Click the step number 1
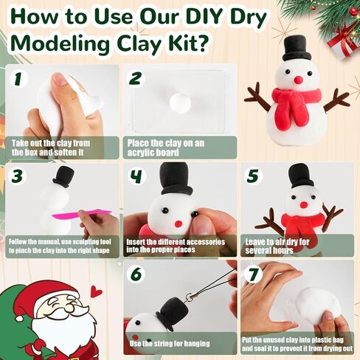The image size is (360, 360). tap(18, 79)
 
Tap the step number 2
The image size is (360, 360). tap(136, 78)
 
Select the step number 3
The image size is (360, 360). tap(17, 176)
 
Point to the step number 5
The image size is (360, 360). tap(253, 176)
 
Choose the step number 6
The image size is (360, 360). tap(136, 274)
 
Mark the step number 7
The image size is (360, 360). tap(253, 274)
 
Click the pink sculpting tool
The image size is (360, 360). tap(81, 215)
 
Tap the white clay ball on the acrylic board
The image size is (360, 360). tap(180, 103)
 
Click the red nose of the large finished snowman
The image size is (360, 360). tap(298, 80)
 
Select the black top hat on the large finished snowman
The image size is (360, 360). tap(294, 49)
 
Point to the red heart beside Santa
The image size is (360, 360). tap(96, 291)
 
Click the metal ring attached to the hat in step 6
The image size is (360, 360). tap(190, 297)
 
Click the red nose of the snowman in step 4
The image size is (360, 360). tap(179, 224)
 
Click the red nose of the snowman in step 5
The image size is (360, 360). tap(304, 204)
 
